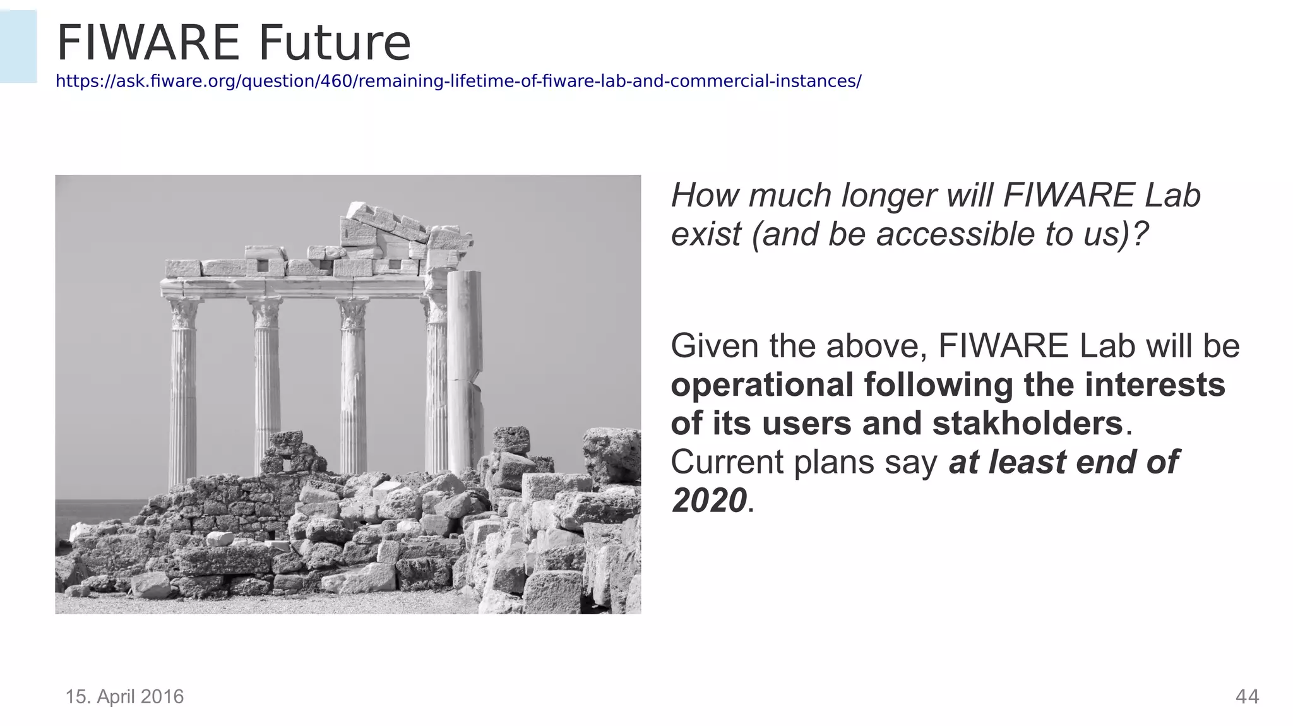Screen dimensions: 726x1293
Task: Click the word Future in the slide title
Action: click(x=335, y=43)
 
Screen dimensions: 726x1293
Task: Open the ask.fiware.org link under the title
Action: click(x=458, y=81)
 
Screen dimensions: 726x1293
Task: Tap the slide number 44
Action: click(x=1247, y=696)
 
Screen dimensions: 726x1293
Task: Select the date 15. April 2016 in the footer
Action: click(x=125, y=696)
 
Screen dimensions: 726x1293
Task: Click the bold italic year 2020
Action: click(x=709, y=501)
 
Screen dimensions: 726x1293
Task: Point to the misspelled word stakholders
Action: click(x=1028, y=423)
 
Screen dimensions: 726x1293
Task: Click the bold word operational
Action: click(x=762, y=384)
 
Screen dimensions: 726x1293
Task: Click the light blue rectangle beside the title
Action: click(x=18, y=46)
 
